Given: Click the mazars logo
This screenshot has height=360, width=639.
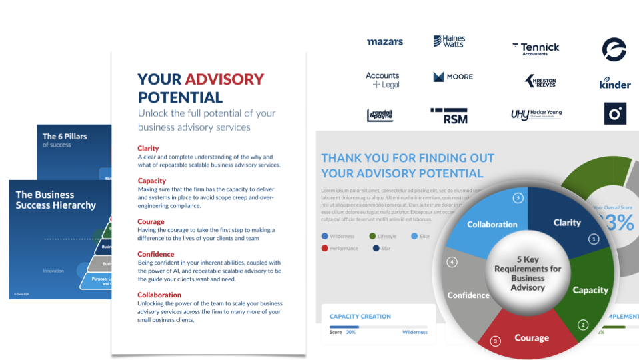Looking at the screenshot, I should coord(385,42).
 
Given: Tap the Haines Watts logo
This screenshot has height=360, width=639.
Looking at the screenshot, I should coord(449,41).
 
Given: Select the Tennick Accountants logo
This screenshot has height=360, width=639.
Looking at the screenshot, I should coord(536,48).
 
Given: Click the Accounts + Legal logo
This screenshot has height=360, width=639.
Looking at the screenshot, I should coord(382,80).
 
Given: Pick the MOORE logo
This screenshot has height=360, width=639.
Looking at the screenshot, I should coord(453,77).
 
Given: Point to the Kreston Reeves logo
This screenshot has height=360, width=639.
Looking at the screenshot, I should coord(540,81).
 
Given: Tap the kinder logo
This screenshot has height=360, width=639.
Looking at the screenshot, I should coord(614,83).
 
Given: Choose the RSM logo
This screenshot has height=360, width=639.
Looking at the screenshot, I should coord(449,116).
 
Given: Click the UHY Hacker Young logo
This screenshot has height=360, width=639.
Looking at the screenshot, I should coord(536,115).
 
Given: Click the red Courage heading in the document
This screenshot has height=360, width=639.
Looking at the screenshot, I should coord(151,222).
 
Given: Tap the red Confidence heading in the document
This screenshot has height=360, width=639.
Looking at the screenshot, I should coord(156,254).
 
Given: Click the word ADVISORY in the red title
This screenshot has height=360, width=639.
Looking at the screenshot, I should coord(224,79).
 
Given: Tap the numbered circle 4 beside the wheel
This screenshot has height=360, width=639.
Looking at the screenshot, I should coord(452,262).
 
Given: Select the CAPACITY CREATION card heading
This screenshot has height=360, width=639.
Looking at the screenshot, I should coord(360,317).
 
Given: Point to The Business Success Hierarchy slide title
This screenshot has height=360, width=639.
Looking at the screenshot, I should coord(56,200).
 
